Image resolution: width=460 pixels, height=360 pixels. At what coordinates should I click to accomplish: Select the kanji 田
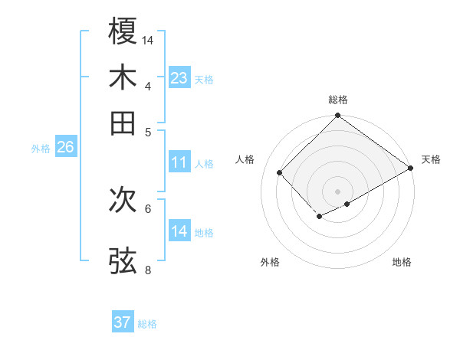(x=123, y=123)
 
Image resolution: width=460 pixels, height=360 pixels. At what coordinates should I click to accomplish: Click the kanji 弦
(x=123, y=260)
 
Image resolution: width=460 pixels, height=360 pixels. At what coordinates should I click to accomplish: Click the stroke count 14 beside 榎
(x=148, y=40)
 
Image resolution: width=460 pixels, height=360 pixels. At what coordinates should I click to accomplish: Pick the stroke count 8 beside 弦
(x=148, y=269)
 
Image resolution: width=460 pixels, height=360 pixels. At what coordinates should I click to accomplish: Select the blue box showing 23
(x=179, y=78)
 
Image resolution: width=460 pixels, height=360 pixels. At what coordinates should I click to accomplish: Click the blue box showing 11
(x=179, y=162)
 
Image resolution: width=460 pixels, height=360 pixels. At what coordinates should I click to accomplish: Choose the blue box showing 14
(x=179, y=231)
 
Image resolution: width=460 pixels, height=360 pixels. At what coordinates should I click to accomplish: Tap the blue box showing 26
(x=65, y=148)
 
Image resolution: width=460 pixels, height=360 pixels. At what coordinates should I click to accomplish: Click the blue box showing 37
(x=123, y=322)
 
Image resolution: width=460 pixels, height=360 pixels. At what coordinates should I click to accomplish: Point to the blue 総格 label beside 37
(x=147, y=324)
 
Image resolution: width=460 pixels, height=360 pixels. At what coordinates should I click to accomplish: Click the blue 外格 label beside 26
(x=41, y=149)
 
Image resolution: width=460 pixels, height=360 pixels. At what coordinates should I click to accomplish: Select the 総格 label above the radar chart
(x=337, y=100)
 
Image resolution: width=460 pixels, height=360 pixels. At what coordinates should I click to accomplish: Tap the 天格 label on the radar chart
(x=431, y=159)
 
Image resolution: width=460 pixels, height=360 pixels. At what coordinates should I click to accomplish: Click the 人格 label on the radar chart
(x=245, y=159)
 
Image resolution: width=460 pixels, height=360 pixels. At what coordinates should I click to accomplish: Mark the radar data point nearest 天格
(x=411, y=169)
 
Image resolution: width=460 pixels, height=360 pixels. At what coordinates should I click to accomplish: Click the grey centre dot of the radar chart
(x=337, y=191)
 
